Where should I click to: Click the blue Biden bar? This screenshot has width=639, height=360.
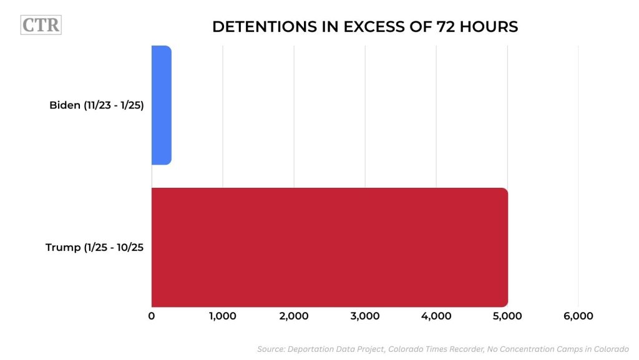pos(162,105)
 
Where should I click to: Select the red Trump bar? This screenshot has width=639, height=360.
pos(329,247)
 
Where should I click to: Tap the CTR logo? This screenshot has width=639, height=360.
pos(41,26)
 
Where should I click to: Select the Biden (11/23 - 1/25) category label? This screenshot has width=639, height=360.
pos(97,105)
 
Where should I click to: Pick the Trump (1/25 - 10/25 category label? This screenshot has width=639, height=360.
pos(95,247)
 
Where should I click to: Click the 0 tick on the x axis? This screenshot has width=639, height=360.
pos(152,316)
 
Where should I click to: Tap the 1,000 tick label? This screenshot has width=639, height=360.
pos(222,316)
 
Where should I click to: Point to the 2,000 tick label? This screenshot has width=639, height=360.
pos(294,316)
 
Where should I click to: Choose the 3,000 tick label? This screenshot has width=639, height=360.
pos(365,316)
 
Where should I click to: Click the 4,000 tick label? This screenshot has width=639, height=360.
pos(436,316)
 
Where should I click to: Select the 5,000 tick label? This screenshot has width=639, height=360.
pos(507,316)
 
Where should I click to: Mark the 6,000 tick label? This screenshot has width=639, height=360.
pos(578,316)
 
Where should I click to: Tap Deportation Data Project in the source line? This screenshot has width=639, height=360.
pos(338,349)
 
